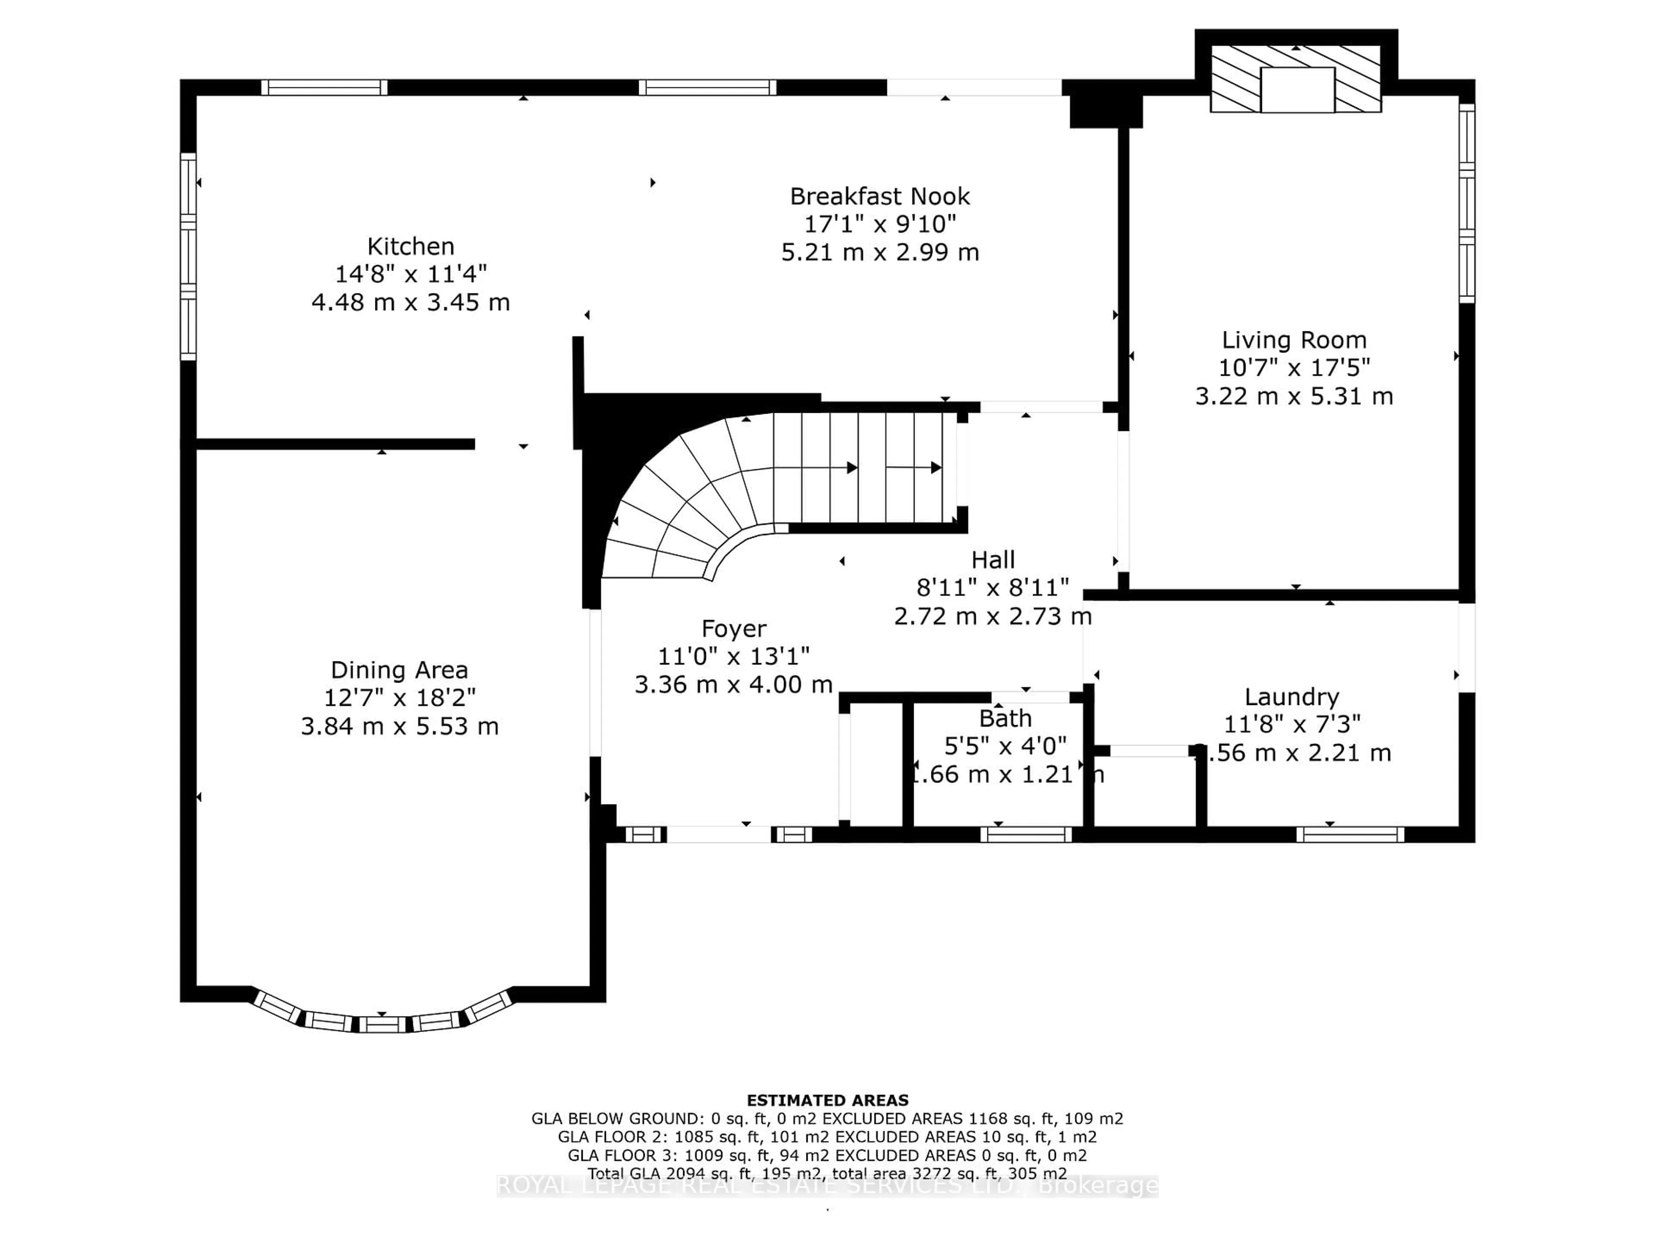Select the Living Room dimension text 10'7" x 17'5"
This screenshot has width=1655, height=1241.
tap(1294, 367)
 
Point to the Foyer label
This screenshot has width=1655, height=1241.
tap(733, 628)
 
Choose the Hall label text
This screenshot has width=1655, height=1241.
tap(993, 560)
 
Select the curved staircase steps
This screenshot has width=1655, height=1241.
tap(696, 501)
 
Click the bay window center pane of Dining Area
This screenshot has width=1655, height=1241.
tap(382, 1023)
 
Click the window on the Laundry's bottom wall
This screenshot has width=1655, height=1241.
tap(1350, 834)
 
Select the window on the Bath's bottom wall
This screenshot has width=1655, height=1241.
tap(1026, 834)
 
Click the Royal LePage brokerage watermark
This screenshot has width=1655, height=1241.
tap(827, 1186)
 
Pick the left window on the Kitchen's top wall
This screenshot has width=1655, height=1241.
tap(324, 87)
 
